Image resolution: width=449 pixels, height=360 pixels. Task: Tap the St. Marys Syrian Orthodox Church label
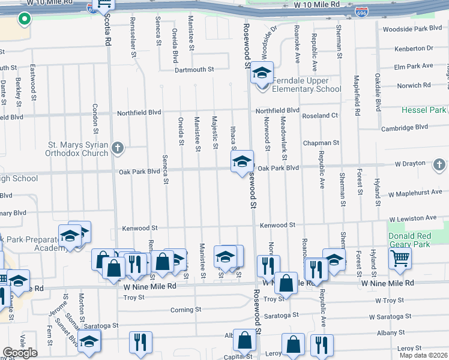click(x=79, y=149)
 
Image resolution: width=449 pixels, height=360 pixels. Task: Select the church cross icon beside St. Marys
click(x=118, y=147)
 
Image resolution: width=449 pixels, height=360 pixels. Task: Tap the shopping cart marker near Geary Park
click(x=400, y=259)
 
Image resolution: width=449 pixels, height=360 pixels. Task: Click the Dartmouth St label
click(x=194, y=70)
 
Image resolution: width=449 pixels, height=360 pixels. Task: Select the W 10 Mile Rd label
click(x=317, y=4)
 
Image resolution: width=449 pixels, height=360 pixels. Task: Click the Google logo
click(x=20, y=353)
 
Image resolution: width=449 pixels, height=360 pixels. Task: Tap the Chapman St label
click(x=321, y=143)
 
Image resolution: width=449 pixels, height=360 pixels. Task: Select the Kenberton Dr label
click(x=414, y=48)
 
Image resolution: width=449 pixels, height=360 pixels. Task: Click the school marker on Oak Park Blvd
click(x=242, y=162)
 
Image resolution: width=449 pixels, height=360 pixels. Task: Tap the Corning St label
click(x=185, y=310)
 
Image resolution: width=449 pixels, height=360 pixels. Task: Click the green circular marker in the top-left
click(x=24, y=20)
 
